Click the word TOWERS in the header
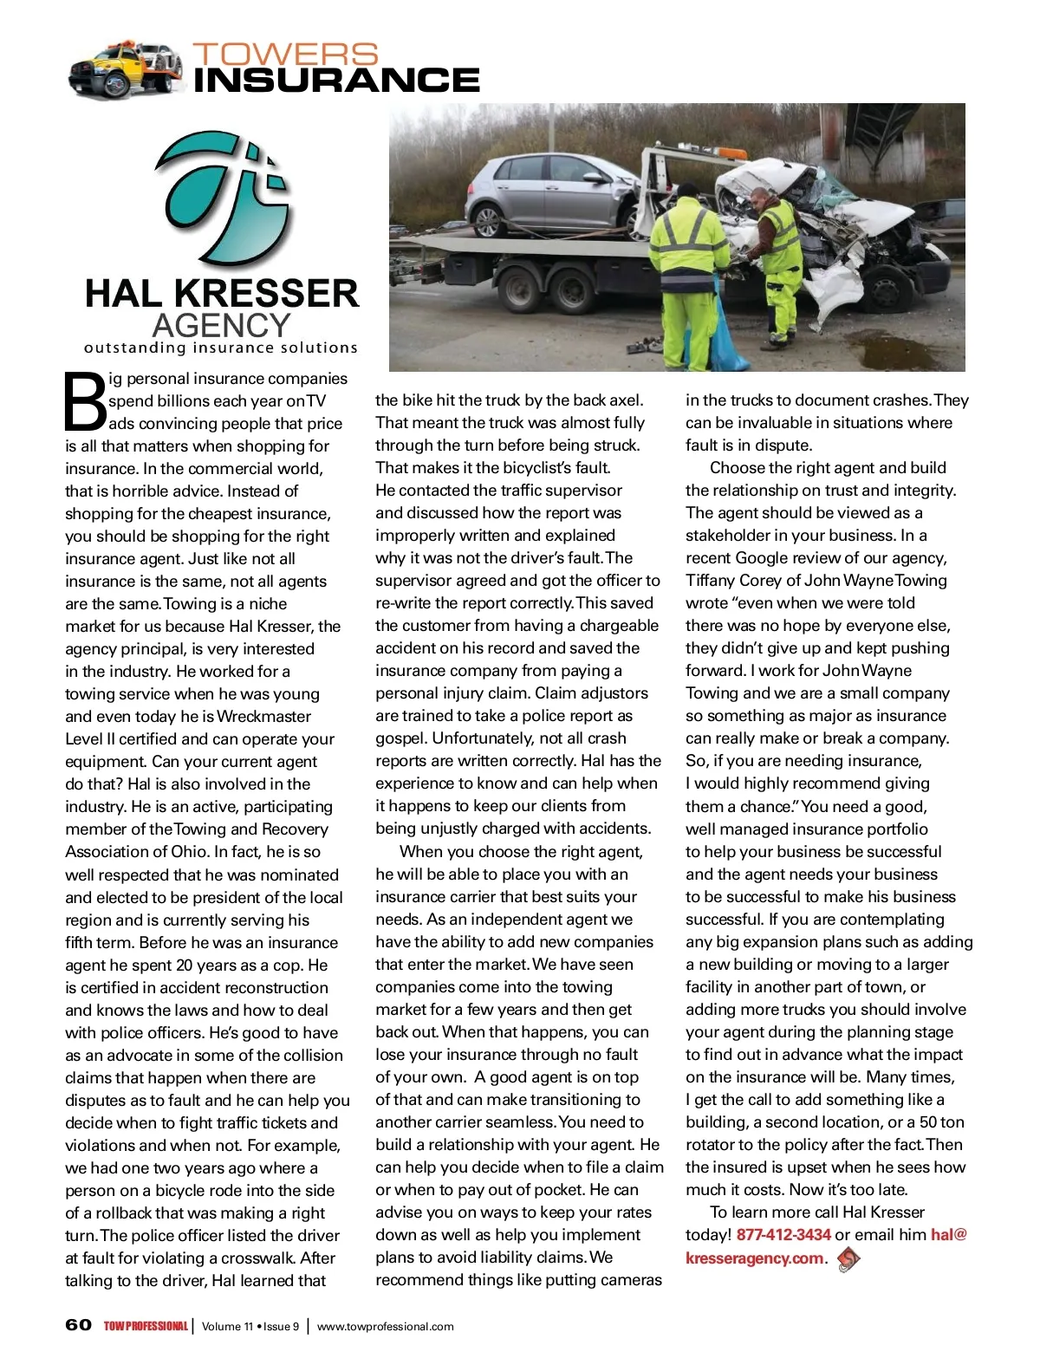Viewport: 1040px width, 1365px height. (x=285, y=54)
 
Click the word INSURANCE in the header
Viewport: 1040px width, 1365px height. (x=336, y=81)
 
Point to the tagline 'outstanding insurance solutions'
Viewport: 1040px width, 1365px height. (x=220, y=348)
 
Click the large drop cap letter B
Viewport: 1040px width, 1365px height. (x=85, y=401)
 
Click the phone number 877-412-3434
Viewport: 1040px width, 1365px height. (x=783, y=1234)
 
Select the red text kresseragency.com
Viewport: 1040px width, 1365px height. (x=754, y=1258)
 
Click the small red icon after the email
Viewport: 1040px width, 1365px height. (x=849, y=1258)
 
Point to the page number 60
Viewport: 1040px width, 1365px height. (x=78, y=1325)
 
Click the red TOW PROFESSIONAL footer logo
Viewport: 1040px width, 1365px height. (x=146, y=1326)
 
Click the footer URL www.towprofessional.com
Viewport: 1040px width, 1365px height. (x=385, y=1326)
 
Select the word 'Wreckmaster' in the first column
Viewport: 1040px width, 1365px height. (x=263, y=717)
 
